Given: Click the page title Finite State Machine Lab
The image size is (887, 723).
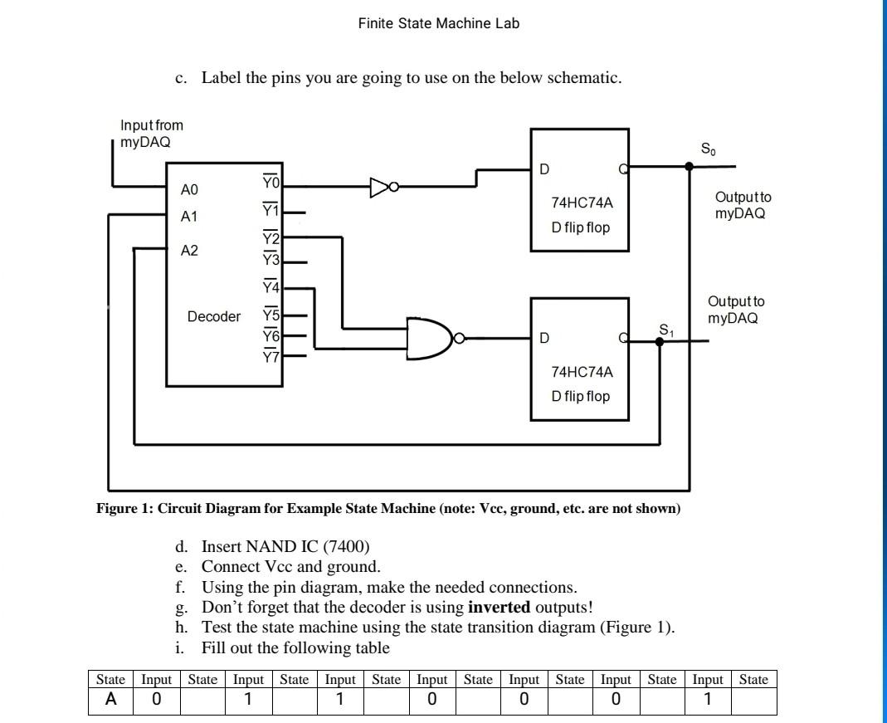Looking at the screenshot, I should (x=439, y=23).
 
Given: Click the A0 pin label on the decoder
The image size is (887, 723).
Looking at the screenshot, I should (x=190, y=189).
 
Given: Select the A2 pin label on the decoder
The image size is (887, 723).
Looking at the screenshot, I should (x=190, y=250).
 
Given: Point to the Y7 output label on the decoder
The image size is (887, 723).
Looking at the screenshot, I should (x=272, y=358).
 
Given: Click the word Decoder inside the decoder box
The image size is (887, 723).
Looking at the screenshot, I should (x=214, y=316).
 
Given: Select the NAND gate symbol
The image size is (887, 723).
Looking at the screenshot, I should (x=430, y=338).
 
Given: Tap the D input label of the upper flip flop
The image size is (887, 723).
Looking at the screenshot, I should (x=543, y=170).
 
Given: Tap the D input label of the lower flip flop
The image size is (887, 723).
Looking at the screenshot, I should (x=543, y=339).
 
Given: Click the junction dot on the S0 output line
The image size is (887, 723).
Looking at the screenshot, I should (x=689, y=166).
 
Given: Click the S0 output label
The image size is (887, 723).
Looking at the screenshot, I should (x=707, y=150).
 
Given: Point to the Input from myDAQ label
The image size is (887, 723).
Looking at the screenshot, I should (x=152, y=133).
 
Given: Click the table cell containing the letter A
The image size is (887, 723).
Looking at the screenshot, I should (x=110, y=700).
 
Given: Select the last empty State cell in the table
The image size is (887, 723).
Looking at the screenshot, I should (x=753, y=700).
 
